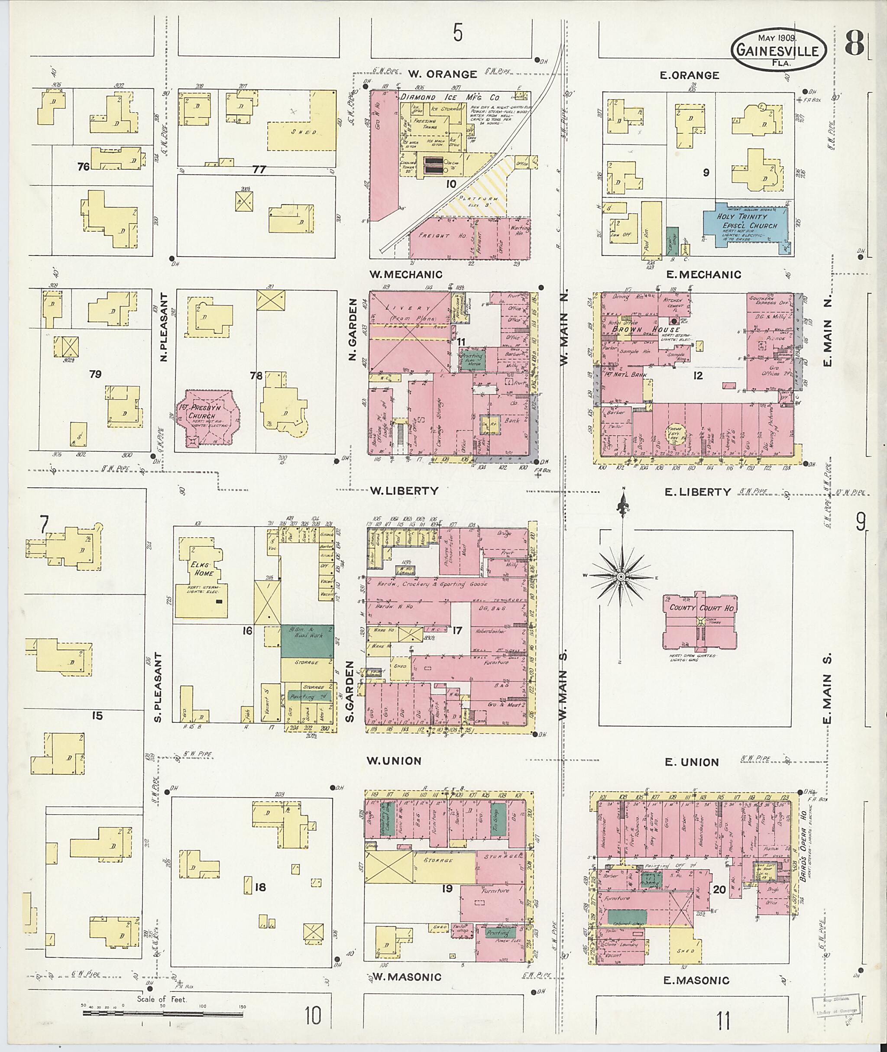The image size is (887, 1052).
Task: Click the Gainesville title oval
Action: pos(778,51)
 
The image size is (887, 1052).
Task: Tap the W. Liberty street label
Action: pos(404,491)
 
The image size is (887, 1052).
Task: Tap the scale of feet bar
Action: pos(164,1012)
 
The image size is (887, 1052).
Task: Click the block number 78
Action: pos(256,375)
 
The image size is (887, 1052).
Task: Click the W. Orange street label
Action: pos(442,74)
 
